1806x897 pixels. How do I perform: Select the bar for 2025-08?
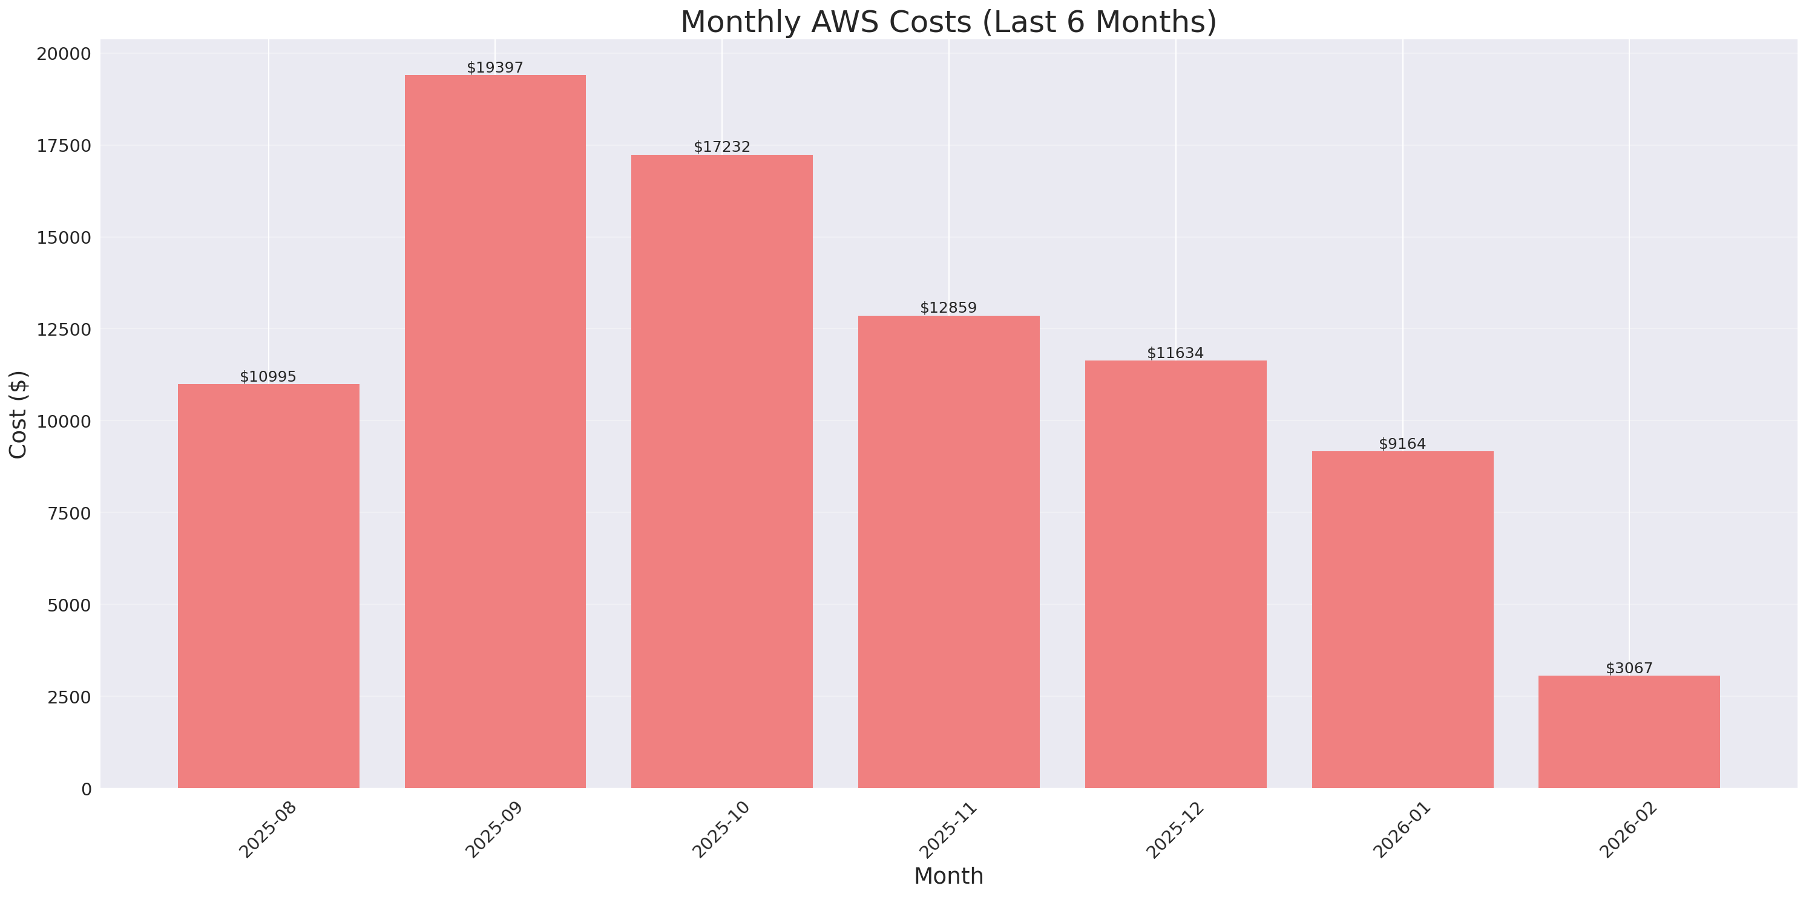click(269, 586)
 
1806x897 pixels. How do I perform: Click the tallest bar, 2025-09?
click(495, 432)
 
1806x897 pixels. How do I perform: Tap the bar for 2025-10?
click(721, 471)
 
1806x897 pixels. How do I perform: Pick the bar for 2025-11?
click(948, 552)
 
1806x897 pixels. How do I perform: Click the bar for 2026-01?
click(1402, 619)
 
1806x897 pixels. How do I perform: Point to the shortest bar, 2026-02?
click(1629, 732)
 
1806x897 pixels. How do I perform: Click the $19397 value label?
click(495, 67)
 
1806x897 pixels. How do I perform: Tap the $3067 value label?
click(1629, 668)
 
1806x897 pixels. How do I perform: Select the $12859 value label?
click(948, 308)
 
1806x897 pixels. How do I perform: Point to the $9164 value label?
click(1402, 443)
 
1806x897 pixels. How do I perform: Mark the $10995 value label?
click(269, 376)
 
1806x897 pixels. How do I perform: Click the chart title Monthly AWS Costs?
click(948, 22)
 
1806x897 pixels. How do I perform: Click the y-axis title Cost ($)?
click(18, 414)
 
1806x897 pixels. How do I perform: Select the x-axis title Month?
click(948, 876)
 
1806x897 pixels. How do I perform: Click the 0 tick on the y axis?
click(86, 789)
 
